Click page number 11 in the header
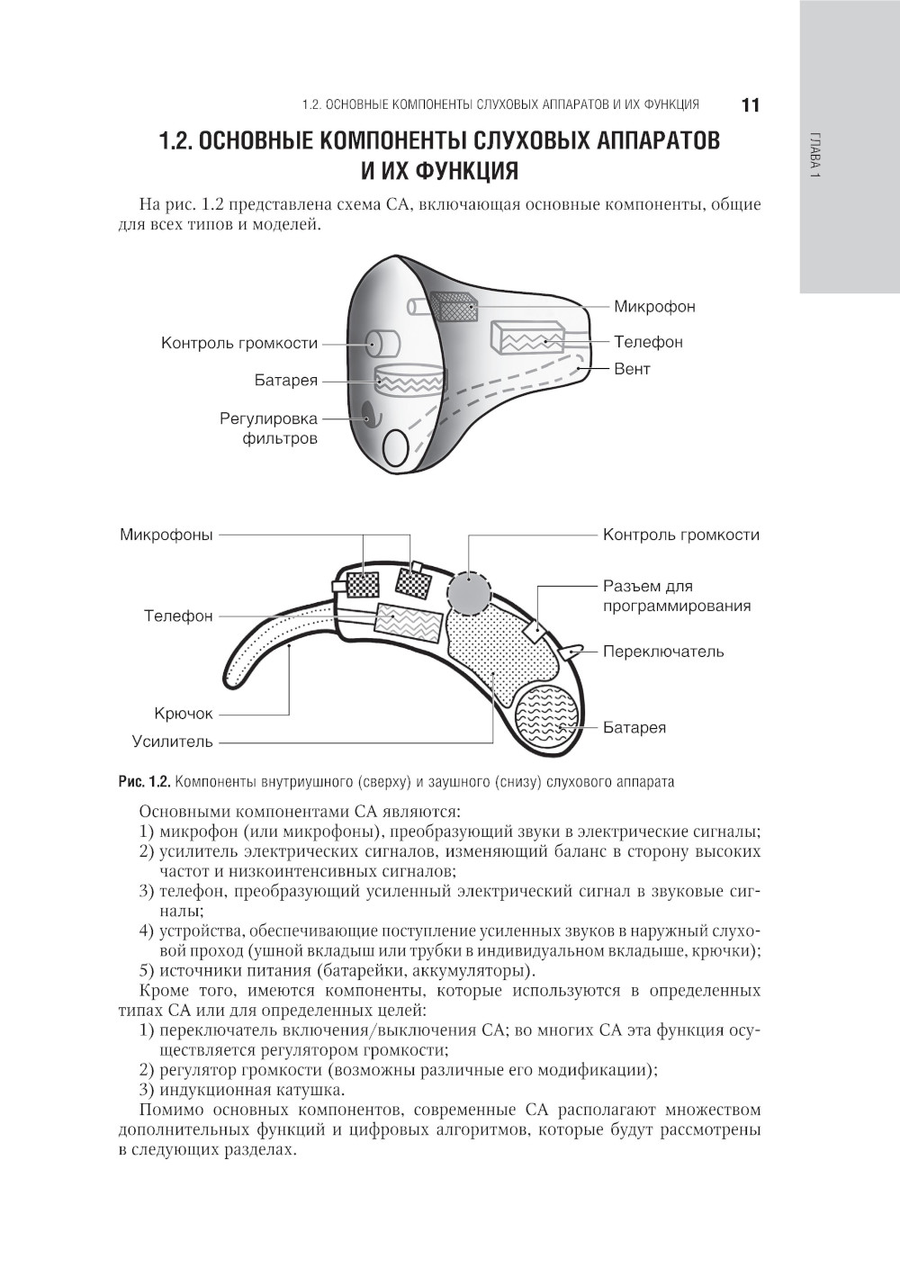tap(751, 105)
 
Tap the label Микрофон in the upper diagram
tap(654, 307)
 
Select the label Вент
tap(632, 369)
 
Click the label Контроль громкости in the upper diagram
tap(239, 343)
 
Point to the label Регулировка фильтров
tap(268, 429)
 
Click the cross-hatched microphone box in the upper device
tap(455, 307)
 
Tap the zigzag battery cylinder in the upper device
tap(409, 380)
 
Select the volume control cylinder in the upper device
tap(382, 341)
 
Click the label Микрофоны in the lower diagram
tap(166, 535)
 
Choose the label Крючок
tap(184, 714)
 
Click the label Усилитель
tap(173, 742)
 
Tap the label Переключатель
tap(663, 652)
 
